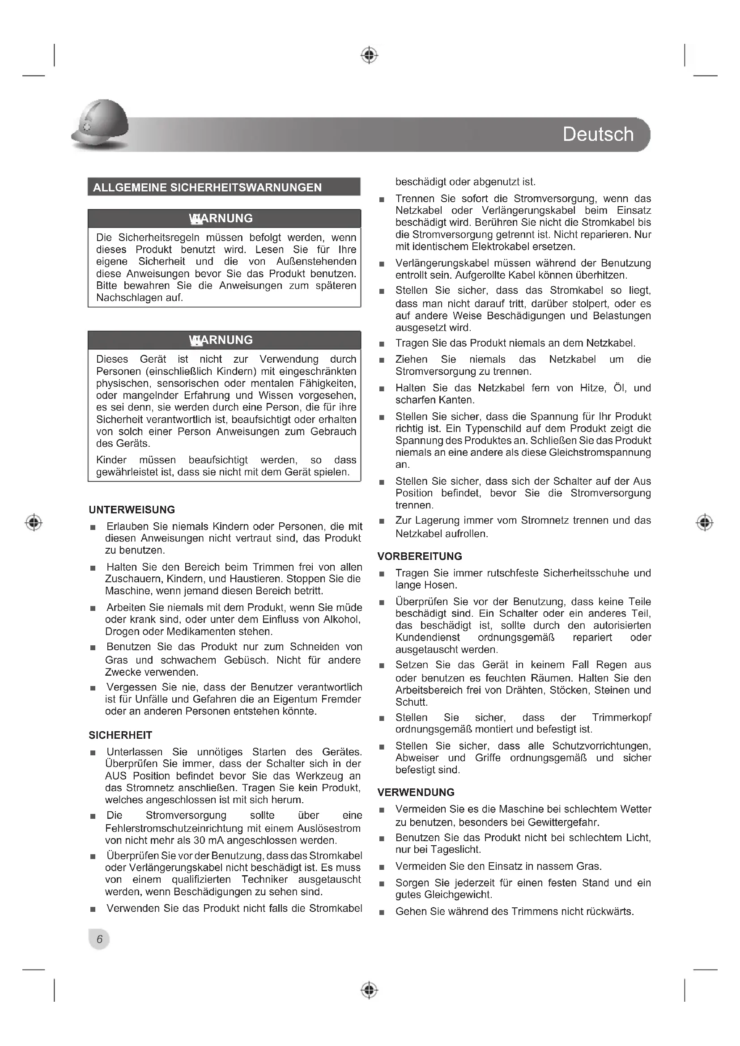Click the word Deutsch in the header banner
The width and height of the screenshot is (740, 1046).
tap(598, 135)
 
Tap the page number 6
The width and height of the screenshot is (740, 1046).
tap(99, 939)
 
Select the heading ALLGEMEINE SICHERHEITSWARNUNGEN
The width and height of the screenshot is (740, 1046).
tap(207, 187)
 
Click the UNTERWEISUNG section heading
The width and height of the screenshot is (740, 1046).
tap(132, 510)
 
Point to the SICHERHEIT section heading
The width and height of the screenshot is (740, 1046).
tap(120, 735)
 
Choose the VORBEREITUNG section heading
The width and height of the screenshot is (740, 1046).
tap(420, 556)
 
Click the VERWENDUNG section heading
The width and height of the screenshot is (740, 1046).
tap(416, 792)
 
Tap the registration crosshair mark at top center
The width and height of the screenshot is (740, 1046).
tap(370, 55)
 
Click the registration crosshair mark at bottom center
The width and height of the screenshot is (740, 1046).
tap(370, 990)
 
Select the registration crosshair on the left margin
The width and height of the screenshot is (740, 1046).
tap(34, 522)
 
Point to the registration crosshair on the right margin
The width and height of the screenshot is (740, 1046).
tap(705, 522)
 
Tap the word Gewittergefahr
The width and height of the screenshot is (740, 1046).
tap(563, 822)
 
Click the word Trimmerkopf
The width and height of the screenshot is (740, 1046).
tap(621, 717)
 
